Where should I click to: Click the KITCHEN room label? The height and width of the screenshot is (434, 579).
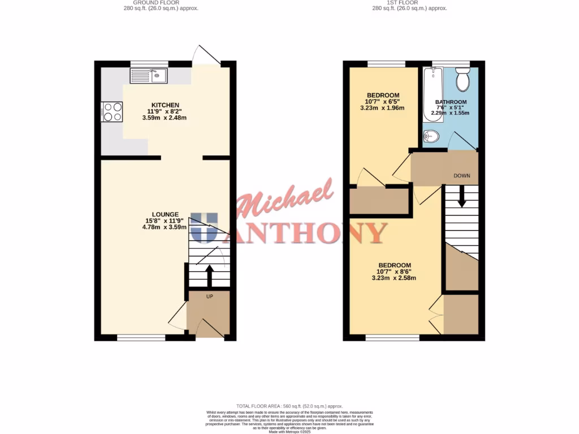(165, 105)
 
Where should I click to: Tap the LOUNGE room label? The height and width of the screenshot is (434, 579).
(165, 214)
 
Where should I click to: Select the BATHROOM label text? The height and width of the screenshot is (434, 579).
(451, 102)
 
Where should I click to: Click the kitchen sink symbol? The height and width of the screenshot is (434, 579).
(148, 75)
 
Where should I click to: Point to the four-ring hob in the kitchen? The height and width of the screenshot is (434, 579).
(112, 111)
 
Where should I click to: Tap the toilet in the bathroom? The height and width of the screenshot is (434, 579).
(463, 80)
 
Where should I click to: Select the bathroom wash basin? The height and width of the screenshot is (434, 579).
(431, 136)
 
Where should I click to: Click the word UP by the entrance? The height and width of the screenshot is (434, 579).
(209, 297)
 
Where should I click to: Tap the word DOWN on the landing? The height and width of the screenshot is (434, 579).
(462, 176)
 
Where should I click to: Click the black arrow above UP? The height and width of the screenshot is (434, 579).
(209, 276)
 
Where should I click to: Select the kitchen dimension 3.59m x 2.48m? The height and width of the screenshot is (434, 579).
(165, 118)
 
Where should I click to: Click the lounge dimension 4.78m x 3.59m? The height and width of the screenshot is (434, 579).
(165, 227)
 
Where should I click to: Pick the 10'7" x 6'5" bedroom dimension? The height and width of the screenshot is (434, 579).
(383, 102)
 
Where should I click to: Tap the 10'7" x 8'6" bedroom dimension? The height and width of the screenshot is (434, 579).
(395, 272)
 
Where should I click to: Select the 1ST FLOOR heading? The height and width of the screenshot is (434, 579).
(403, 3)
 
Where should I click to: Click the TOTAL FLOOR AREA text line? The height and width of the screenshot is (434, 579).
(289, 406)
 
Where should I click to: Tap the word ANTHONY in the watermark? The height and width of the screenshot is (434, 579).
(310, 232)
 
